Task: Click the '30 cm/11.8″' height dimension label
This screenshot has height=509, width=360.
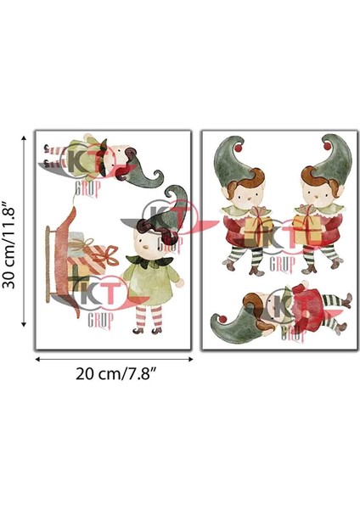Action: (11, 239)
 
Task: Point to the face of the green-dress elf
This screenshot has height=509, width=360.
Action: (146, 245)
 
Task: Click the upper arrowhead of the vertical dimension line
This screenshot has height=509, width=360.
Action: (21, 132)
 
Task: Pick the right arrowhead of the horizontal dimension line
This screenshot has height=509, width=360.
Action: (190, 360)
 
